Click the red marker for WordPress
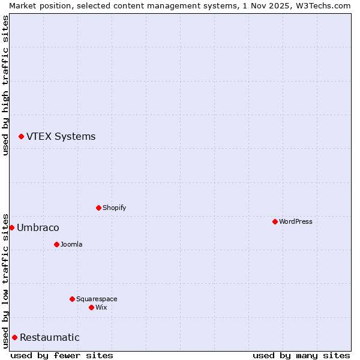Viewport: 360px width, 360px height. point(275,221)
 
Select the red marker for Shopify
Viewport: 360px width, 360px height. point(98,208)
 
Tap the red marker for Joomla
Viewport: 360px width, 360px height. point(56,244)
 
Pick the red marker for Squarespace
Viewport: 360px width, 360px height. point(72,299)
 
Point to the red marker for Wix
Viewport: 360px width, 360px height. point(91,307)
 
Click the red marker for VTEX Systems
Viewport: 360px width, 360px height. point(21,137)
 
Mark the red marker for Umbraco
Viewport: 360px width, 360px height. point(11,227)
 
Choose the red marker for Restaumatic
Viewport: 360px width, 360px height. point(14,337)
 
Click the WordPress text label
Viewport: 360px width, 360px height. point(296,221)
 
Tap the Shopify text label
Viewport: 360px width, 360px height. point(114,208)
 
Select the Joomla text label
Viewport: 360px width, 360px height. point(71,244)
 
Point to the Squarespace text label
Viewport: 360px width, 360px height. point(97,299)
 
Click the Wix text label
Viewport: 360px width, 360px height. point(101,307)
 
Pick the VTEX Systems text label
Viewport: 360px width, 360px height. point(61,136)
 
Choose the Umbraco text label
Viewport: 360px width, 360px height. point(38,227)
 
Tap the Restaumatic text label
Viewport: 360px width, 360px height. point(49,337)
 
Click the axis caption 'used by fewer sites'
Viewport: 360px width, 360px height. point(62,355)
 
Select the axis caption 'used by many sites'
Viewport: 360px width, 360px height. point(301,355)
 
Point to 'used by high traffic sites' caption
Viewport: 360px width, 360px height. point(5,85)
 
